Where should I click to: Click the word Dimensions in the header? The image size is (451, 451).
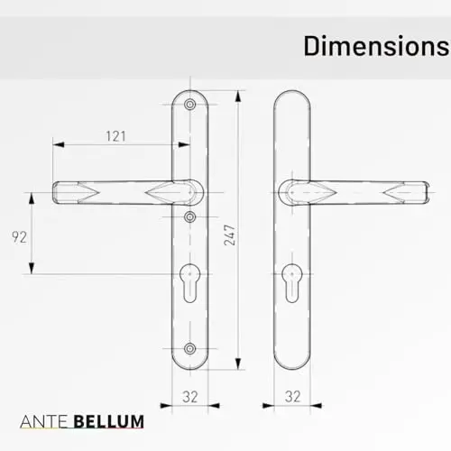pos(377,46)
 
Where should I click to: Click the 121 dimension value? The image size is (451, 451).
pos(115,136)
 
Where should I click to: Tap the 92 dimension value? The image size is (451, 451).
pos(19,237)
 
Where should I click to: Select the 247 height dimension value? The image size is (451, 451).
pos(229,235)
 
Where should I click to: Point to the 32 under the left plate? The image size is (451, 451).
pos(190,397)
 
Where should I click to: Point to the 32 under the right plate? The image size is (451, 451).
pos(292,397)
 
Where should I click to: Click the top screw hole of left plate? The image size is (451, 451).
pos(189,105)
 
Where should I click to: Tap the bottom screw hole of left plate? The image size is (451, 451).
pos(189,349)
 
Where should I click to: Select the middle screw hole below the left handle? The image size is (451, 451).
pos(189,216)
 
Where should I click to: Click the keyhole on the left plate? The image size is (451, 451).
pos(189,283)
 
